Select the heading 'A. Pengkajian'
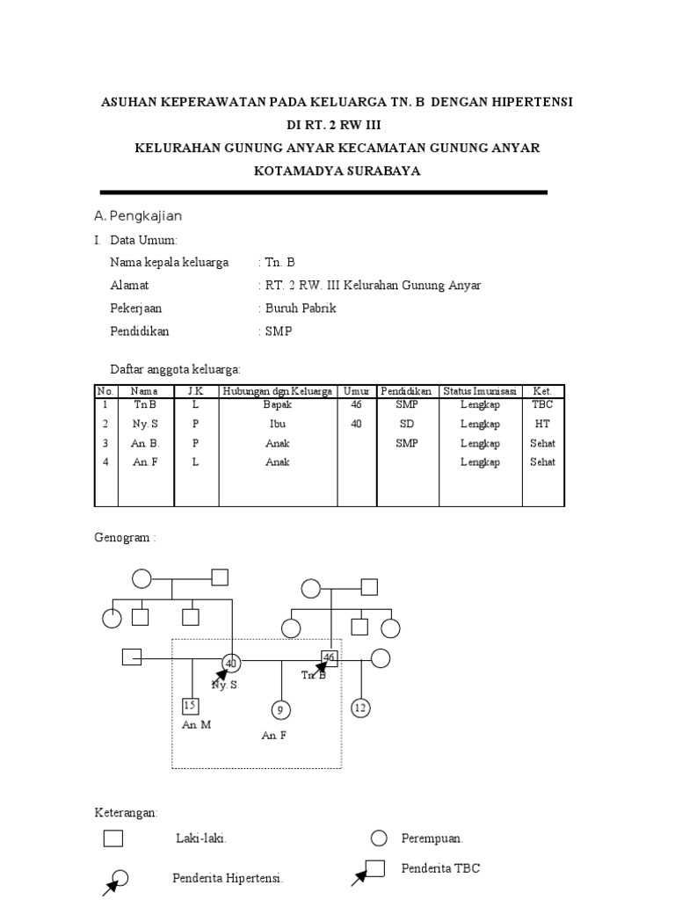(137, 216)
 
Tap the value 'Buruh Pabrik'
(300, 308)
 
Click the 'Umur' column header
(356, 391)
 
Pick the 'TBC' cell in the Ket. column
(542, 405)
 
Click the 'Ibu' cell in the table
(277, 424)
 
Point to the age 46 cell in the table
(356, 405)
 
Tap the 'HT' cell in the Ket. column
(542, 424)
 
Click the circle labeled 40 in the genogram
(231, 663)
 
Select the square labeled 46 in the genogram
(330, 657)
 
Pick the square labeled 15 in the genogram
(190, 706)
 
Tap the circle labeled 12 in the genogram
(359, 708)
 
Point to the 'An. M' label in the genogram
(196, 725)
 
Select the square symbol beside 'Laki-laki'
(112, 838)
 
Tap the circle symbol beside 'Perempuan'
(379, 838)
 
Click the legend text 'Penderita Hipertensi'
(228, 878)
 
